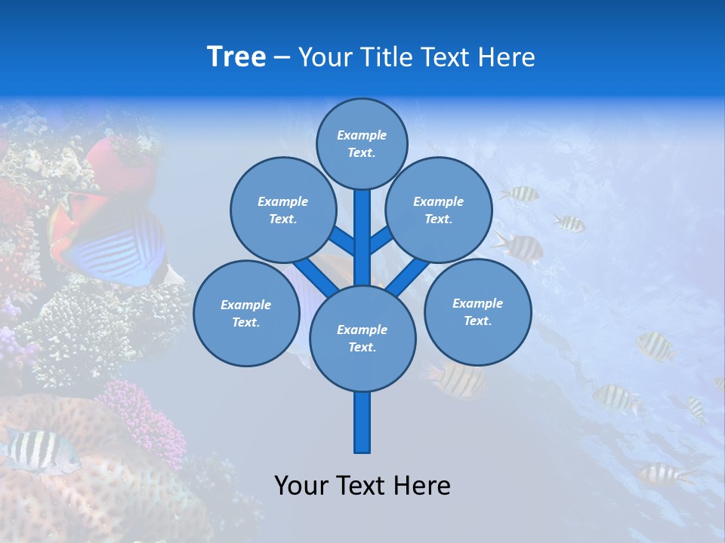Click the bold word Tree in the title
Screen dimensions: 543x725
pyautogui.click(x=236, y=57)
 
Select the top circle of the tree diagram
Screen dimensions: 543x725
pyautogui.click(x=362, y=143)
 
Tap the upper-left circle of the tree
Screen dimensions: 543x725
pyautogui.click(x=282, y=210)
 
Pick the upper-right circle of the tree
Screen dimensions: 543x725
pyautogui.click(x=439, y=210)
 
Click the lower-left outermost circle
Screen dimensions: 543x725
pyautogui.click(x=246, y=313)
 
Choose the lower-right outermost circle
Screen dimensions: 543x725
pyautogui.click(x=477, y=311)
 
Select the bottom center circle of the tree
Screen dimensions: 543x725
pyautogui.click(x=362, y=338)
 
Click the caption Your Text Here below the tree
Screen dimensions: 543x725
pyautogui.click(x=362, y=486)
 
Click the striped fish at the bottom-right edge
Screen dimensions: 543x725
pyautogui.click(x=665, y=474)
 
